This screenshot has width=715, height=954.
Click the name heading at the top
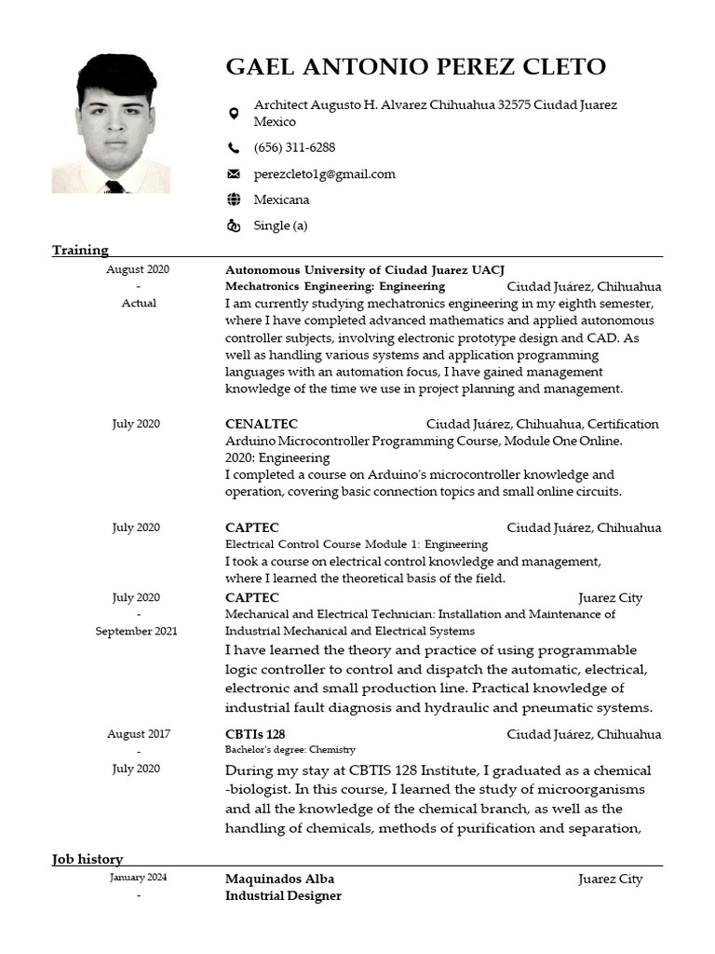(x=415, y=67)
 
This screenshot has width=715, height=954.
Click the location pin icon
(x=234, y=114)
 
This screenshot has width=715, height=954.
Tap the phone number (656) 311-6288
(x=294, y=147)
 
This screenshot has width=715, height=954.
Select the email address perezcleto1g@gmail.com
(x=324, y=173)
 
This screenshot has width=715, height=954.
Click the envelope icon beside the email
(x=234, y=174)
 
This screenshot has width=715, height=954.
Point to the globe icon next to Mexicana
(x=234, y=199)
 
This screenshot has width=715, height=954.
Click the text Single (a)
(x=280, y=225)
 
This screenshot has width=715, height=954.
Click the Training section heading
(x=80, y=250)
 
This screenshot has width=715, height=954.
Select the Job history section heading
(x=88, y=859)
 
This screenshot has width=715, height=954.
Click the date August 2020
(x=138, y=269)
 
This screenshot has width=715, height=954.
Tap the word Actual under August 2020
(x=139, y=303)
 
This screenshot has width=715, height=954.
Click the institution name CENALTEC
(x=262, y=424)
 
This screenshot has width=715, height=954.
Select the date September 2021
(x=136, y=631)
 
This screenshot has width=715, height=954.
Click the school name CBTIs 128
(x=255, y=734)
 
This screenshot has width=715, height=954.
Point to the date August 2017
(x=138, y=734)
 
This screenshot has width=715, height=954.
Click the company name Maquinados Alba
(x=279, y=879)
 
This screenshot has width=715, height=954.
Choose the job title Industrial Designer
(x=283, y=895)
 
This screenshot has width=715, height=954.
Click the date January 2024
(x=138, y=878)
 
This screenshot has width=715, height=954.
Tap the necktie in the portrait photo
(x=115, y=186)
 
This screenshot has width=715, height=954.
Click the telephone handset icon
(x=234, y=147)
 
